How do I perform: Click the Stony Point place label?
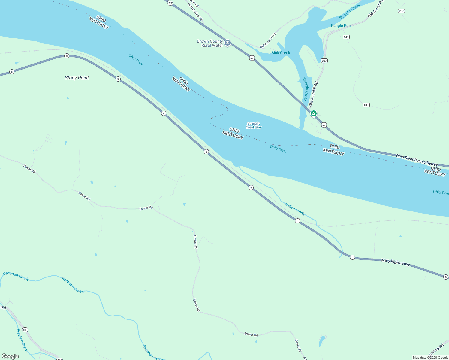77,78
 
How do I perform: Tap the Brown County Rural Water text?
210,43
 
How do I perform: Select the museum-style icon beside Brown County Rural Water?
228,43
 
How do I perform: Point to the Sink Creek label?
281,53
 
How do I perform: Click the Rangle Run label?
341,25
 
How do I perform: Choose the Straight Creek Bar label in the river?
253,125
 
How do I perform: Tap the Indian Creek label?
295,209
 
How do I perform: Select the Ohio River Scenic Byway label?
417,160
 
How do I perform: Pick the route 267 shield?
401,11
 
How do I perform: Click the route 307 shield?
324,61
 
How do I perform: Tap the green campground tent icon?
313,113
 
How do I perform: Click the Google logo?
10,356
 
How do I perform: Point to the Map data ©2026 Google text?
430,358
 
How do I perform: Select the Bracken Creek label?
23,340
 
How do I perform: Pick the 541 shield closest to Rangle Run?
346,37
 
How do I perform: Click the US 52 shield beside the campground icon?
324,124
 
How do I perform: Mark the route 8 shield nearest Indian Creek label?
297,221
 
